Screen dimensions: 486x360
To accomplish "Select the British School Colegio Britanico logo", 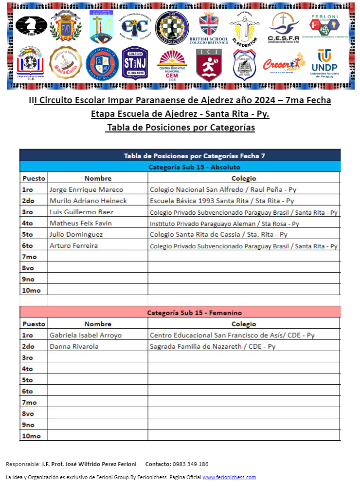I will click(208, 27).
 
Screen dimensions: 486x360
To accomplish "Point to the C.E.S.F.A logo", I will click(284, 27).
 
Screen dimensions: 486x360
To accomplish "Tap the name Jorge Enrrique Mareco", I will click(87, 189).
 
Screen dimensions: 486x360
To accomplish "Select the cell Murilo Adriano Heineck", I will click(88, 201).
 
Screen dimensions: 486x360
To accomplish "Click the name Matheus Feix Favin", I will click(81, 223).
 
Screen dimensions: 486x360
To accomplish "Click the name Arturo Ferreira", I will click(73, 245).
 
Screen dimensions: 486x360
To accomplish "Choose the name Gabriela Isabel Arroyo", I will click(86, 335).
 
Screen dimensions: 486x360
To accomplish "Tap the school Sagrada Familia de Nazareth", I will click(213, 346).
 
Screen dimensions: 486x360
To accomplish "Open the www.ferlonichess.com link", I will click(229, 477).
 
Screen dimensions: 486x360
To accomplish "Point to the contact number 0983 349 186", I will click(190, 464).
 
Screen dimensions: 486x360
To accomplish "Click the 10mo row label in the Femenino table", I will click(32, 436).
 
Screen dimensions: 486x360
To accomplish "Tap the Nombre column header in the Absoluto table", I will click(98, 178).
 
